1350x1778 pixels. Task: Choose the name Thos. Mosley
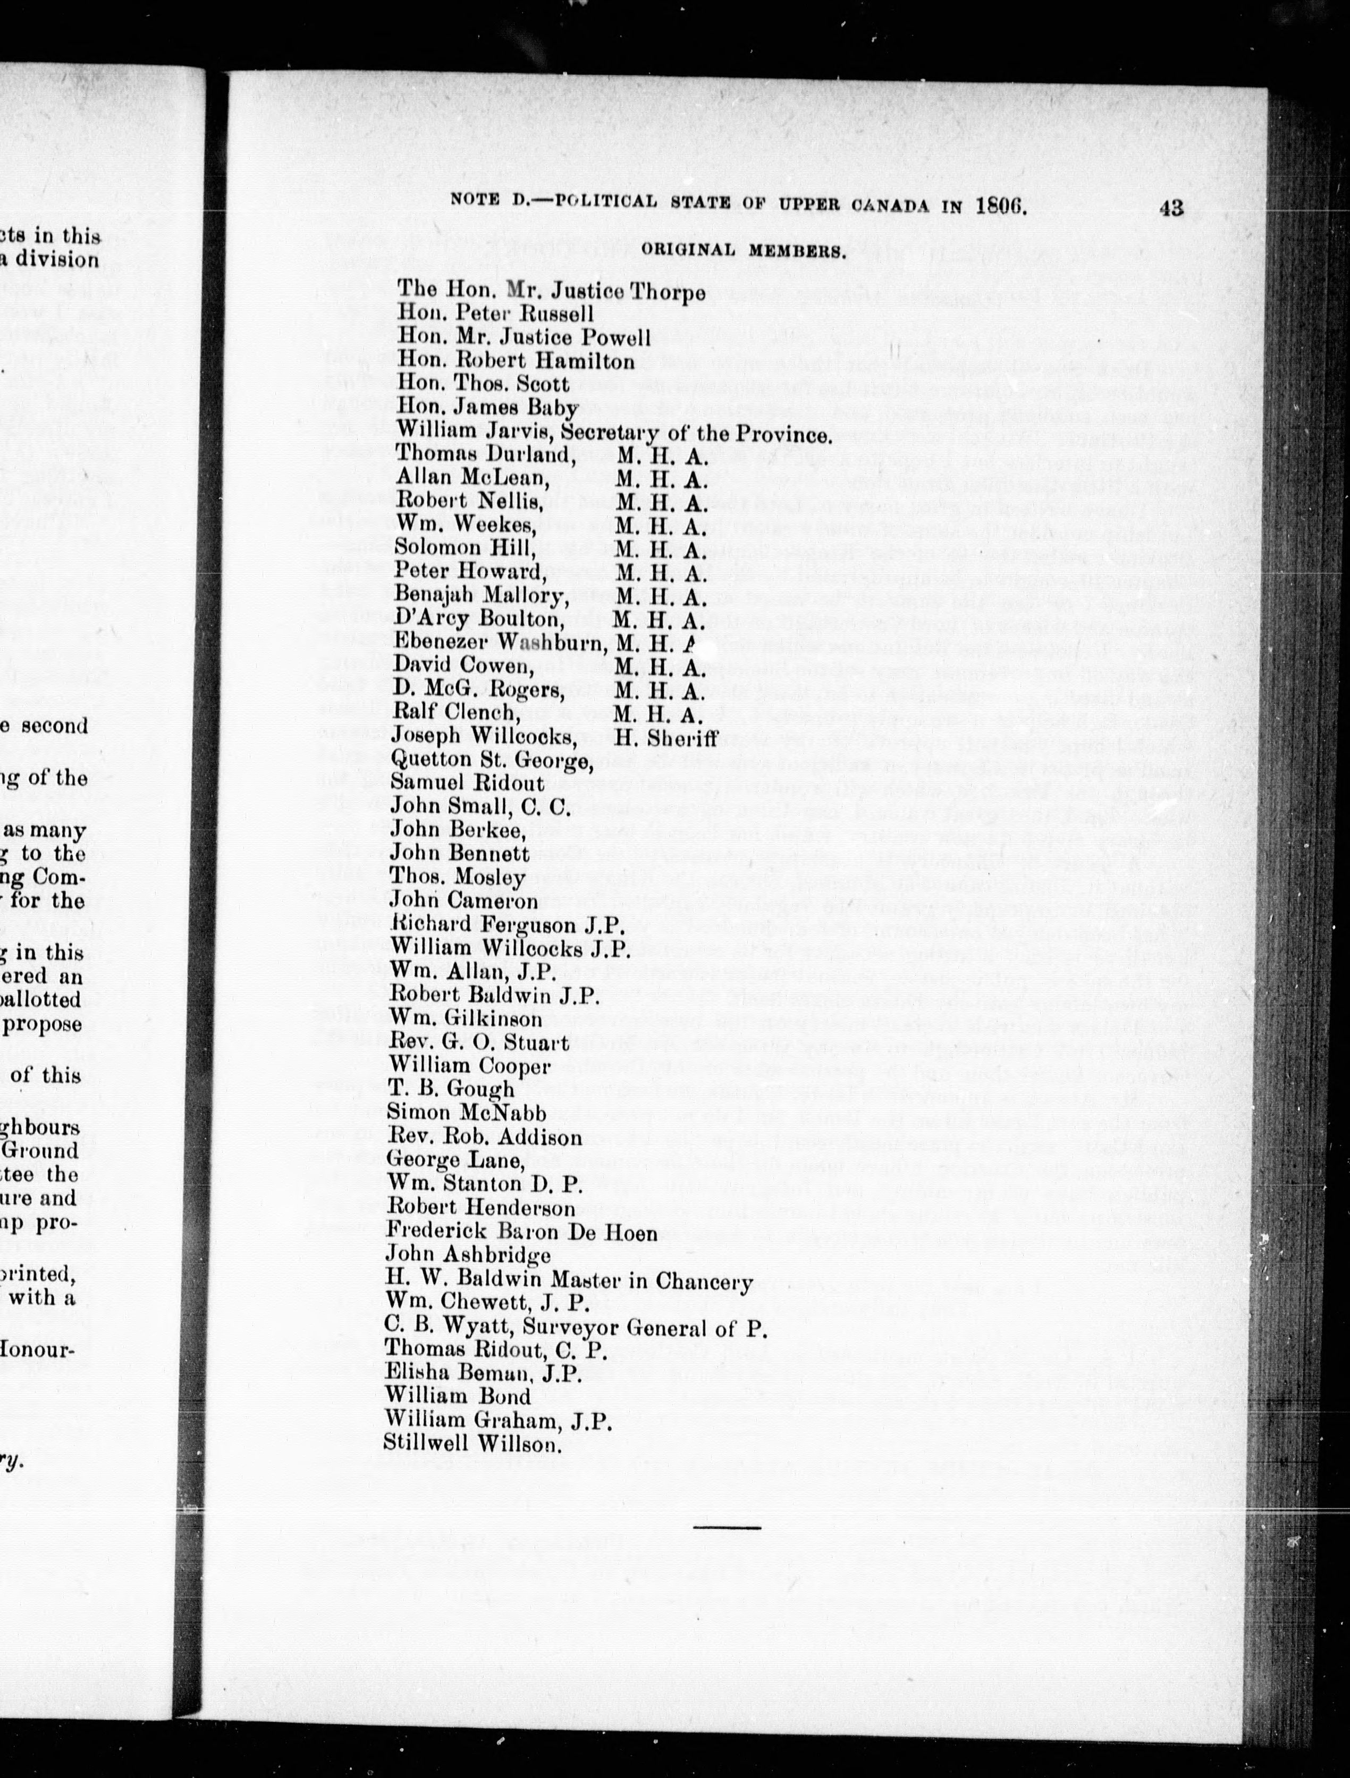pyautogui.click(x=457, y=878)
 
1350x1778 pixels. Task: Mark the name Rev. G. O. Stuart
pyautogui.click(x=479, y=1043)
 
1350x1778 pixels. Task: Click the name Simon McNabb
pyautogui.click(x=466, y=1113)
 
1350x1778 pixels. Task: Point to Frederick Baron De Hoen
pyautogui.click(x=521, y=1232)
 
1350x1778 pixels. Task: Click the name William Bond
pyautogui.click(x=458, y=1397)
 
